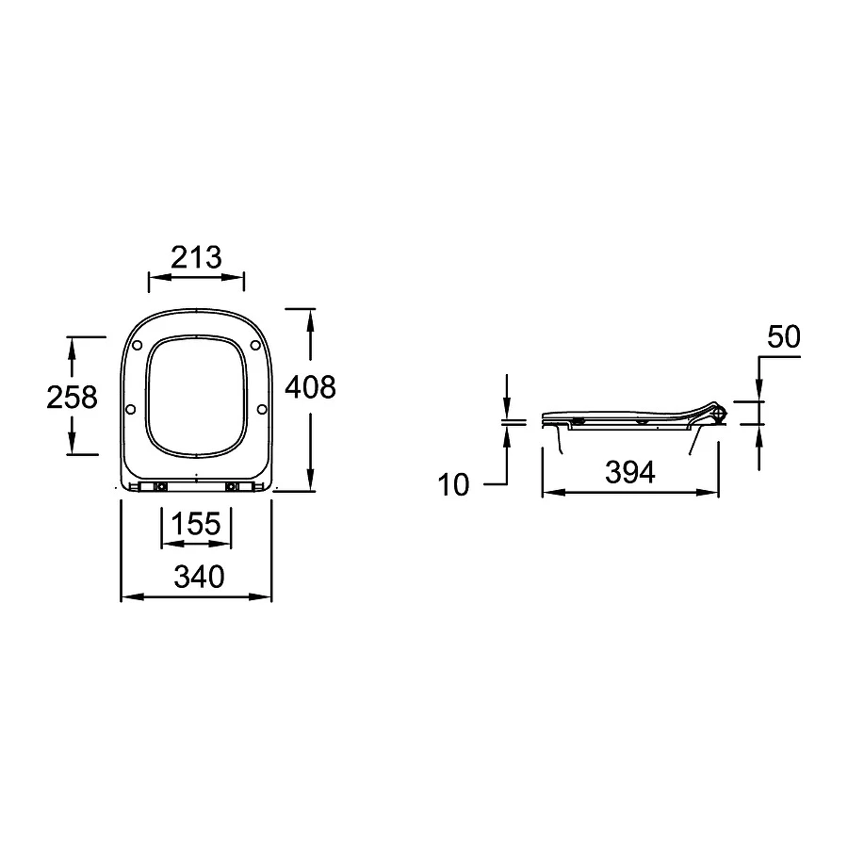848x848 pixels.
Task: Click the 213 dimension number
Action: (x=196, y=257)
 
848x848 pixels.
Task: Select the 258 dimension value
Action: (x=72, y=397)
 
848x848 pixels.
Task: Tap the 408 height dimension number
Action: (x=310, y=387)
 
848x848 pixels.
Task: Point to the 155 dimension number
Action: (x=196, y=524)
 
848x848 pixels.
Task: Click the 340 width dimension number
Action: (x=199, y=577)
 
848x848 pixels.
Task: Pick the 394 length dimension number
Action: (x=630, y=472)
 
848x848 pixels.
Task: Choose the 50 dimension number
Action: (x=784, y=337)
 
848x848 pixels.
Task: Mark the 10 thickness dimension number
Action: (x=453, y=484)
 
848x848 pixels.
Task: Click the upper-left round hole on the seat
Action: (x=137, y=345)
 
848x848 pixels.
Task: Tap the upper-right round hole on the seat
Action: (x=255, y=345)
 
